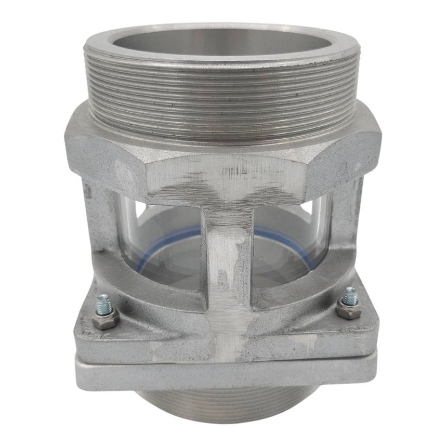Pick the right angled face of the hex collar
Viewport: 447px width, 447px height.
pyautogui.click(x=343, y=156)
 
